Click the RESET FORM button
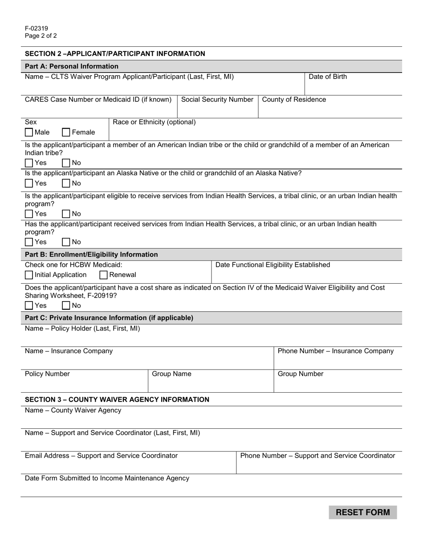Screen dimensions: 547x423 pos(362,512)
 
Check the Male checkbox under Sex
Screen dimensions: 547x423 pos(29,132)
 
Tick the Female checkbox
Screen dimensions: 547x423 pos(66,132)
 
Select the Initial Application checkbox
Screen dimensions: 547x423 pos(29,275)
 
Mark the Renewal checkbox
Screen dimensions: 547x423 pos(103,275)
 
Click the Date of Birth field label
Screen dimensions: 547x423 pos(327,76)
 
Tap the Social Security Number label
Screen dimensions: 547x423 pos(217,100)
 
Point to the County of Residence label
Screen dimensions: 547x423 pos(294,100)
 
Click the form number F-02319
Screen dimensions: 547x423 pos(37,28)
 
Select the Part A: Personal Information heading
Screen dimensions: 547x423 pos(72,66)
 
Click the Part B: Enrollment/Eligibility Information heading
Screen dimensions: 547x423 pos(91,254)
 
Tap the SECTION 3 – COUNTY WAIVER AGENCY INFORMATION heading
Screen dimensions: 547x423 pos(117,399)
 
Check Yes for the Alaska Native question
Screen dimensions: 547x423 pos(29,183)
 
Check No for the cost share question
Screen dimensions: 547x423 pos(66,306)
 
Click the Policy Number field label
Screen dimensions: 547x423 pos(47,374)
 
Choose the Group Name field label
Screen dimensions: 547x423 pos(171,374)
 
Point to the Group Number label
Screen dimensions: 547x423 pos(301,374)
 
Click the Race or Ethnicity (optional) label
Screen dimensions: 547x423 pos(154,122)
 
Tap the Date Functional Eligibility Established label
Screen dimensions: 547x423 pos(273,265)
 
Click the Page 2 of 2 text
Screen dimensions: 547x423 pos(41,36)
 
